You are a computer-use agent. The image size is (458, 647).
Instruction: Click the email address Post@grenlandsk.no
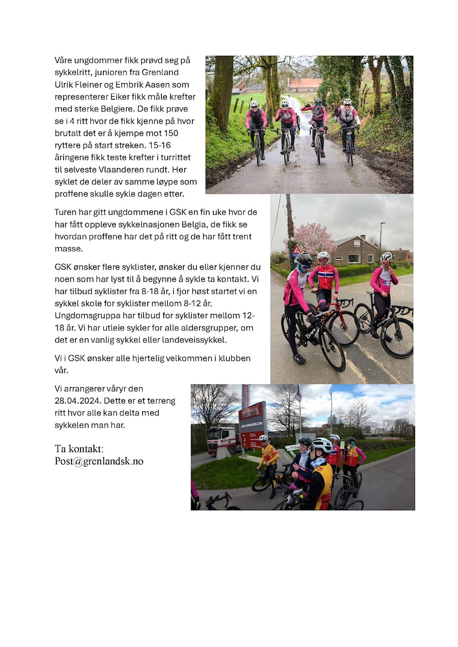99,461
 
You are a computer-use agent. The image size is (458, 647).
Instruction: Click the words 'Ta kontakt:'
79,449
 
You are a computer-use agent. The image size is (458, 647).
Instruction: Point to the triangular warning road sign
296,249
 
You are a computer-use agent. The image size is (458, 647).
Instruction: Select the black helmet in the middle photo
304,258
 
